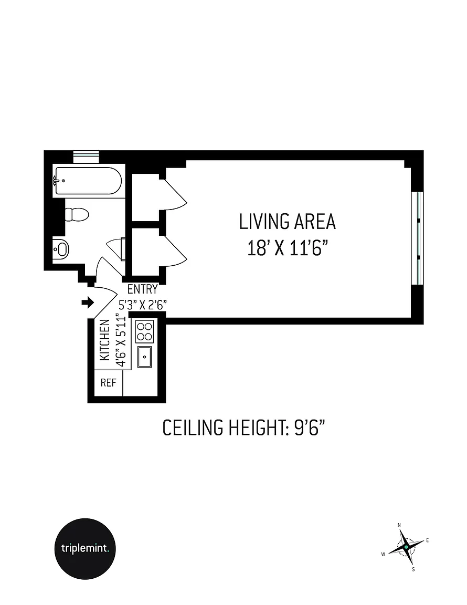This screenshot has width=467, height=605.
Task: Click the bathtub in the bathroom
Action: coord(88,181)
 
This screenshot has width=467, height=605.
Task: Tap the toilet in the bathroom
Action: coord(77,214)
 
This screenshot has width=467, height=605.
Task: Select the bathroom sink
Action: coord(60,249)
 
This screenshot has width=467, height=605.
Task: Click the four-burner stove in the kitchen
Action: coord(145,331)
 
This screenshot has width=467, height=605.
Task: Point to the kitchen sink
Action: coord(145,357)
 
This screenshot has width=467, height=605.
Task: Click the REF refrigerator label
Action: coord(109,382)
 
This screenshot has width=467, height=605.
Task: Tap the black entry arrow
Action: coord(88,302)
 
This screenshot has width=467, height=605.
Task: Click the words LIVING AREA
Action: coord(288,222)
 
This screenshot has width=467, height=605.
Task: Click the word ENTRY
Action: coord(142,289)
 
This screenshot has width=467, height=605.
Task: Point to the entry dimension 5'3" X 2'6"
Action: coord(142,305)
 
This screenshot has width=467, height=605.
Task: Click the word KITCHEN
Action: coord(104,340)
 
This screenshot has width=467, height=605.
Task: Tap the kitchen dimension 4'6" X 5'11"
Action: coord(121,341)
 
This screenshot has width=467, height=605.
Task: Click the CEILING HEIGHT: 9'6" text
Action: coord(243,427)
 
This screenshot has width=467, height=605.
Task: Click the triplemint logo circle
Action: coord(85,548)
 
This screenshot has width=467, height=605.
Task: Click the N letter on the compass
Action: coord(399,525)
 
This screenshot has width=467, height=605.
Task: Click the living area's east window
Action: coord(417,238)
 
